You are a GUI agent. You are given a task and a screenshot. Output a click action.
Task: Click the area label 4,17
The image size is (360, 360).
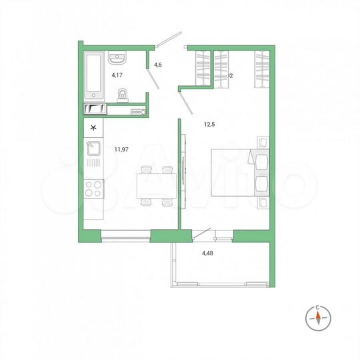click(x=117, y=75)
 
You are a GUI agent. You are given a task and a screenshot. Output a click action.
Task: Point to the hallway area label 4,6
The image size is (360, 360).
click(x=158, y=65)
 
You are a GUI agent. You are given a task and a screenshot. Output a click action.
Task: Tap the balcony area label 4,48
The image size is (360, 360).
click(x=210, y=252)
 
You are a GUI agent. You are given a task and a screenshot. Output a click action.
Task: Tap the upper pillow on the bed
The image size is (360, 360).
click(x=259, y=161)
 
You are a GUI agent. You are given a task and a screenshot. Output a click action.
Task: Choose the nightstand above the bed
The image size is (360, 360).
click(x=262, y=143)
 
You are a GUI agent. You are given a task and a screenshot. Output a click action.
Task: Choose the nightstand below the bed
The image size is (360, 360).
click(x=262, y=201)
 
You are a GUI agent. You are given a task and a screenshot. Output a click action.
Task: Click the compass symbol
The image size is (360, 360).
click(x=319, y=318)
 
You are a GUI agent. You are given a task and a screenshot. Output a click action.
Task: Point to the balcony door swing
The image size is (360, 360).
click(x=201, y=233)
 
